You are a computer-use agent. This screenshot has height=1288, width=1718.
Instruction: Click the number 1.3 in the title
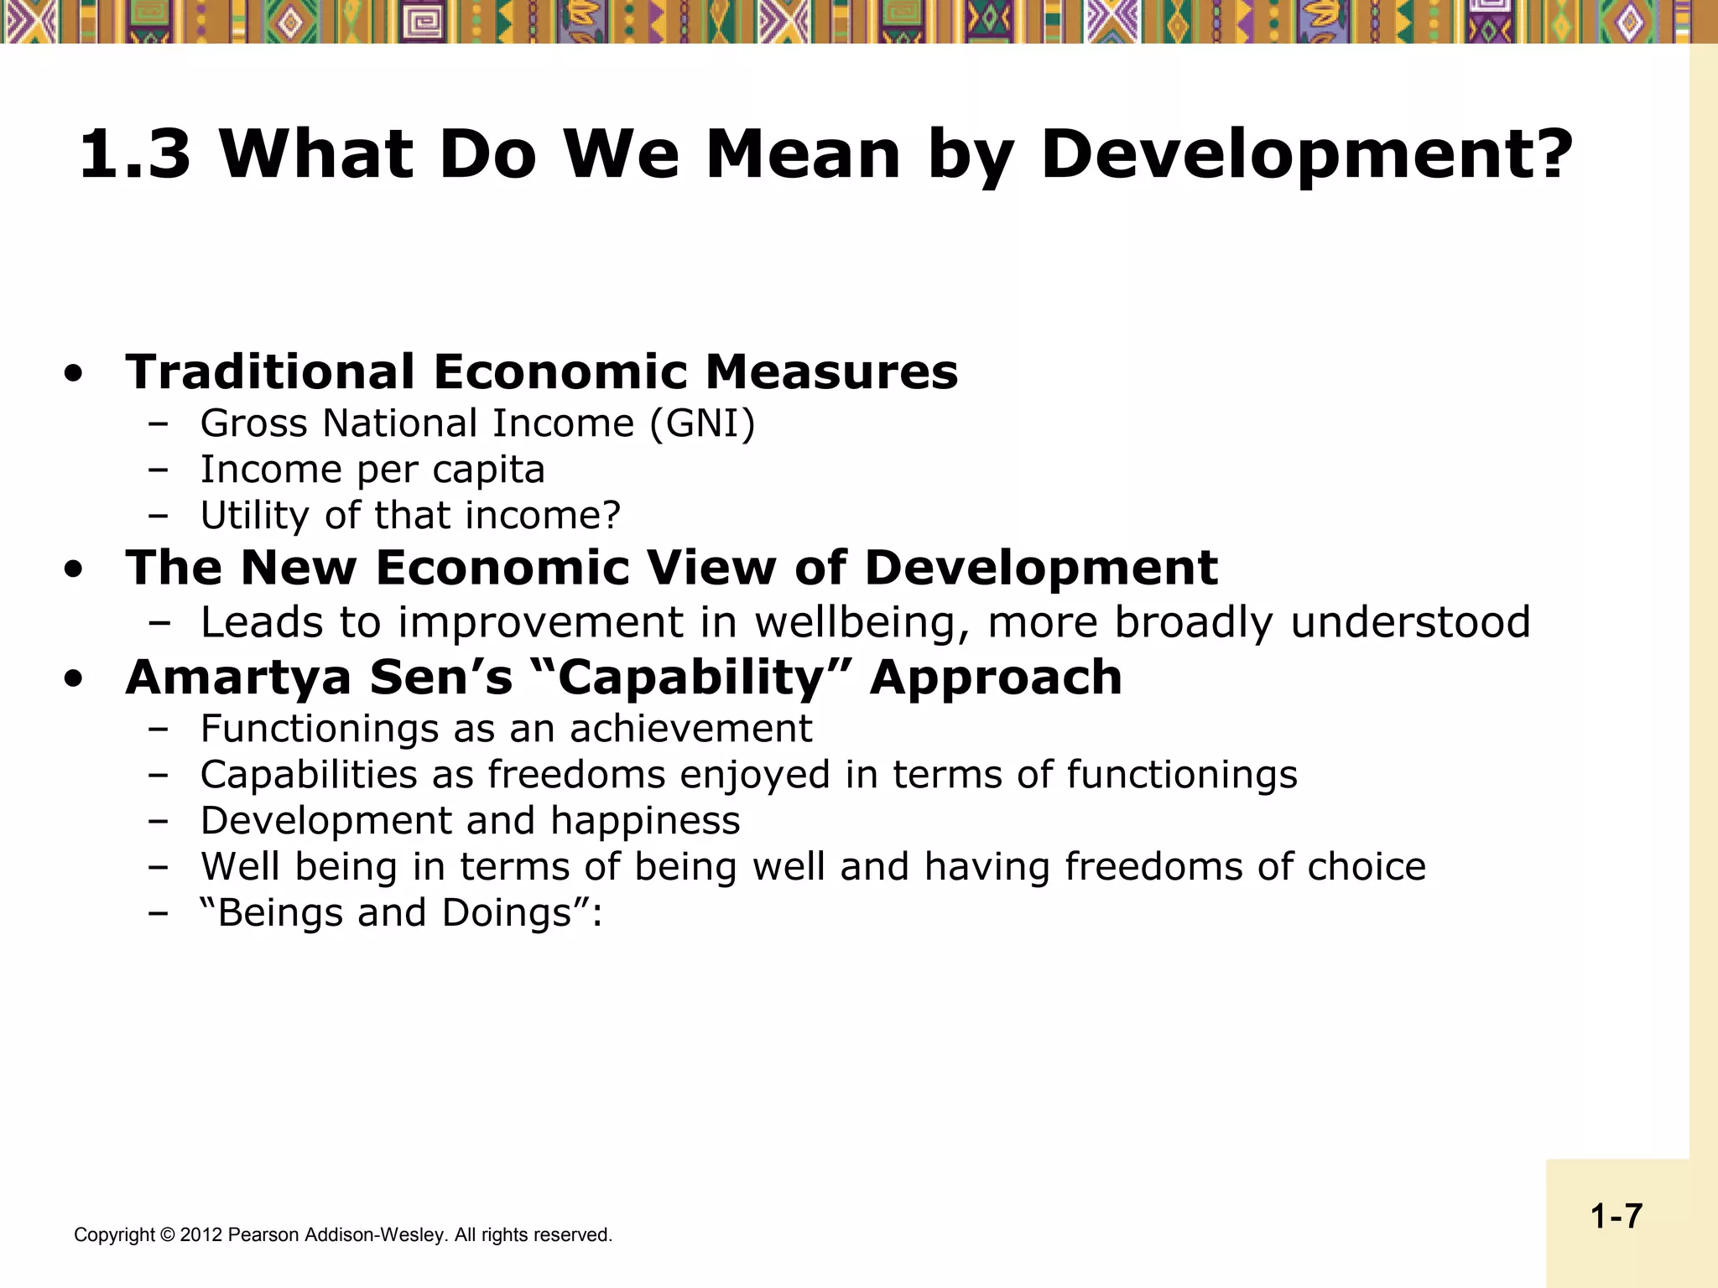point(134,154)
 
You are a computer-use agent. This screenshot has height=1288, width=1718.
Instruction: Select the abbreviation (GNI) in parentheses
point(702,423)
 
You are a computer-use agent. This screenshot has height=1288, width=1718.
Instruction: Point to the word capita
point(489,470)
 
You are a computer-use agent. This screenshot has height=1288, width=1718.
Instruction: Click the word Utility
point(255,516)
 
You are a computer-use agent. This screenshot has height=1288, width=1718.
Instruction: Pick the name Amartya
point(238,678)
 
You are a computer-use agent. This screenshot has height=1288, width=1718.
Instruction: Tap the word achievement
point(691,729)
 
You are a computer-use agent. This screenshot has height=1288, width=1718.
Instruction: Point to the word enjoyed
point(754,775)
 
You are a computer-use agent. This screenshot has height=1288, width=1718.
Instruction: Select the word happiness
point(645,820)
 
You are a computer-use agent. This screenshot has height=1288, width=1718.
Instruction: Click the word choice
point(1366,866)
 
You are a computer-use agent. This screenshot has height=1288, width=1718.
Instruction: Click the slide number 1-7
point(1616,1216)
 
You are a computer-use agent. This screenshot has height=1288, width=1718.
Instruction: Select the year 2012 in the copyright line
point(201,1235)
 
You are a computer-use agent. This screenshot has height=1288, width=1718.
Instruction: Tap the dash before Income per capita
point(157,469)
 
